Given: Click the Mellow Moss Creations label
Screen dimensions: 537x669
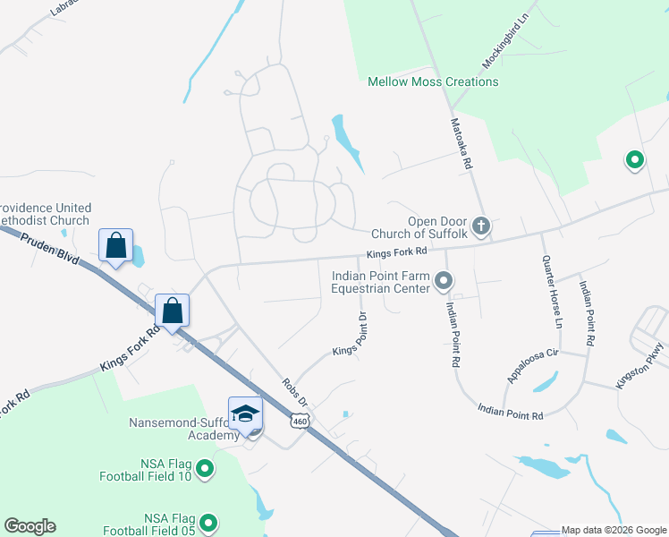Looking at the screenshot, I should (x=433, y=81).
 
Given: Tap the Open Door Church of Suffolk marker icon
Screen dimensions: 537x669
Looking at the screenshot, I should (x=481, y=226).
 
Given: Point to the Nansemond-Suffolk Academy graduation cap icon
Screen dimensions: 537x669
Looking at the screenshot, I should (x=245, y=413).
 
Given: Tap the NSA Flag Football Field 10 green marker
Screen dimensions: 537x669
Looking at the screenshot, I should (x=205, y=468).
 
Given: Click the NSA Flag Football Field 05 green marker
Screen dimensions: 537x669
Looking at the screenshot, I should (x=208, y=523).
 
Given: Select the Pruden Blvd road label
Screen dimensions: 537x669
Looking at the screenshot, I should (x=53, y=251).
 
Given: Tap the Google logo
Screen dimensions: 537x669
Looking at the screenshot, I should (x=30, y=526).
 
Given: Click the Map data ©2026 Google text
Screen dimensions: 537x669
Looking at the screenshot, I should (x=613, y=531).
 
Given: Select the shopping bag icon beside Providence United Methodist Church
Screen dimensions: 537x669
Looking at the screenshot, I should (x=116, y=244).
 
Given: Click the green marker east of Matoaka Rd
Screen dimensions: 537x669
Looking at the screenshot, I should (x=635, y=161).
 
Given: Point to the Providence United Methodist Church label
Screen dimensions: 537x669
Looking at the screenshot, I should (x=45, y=214).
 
